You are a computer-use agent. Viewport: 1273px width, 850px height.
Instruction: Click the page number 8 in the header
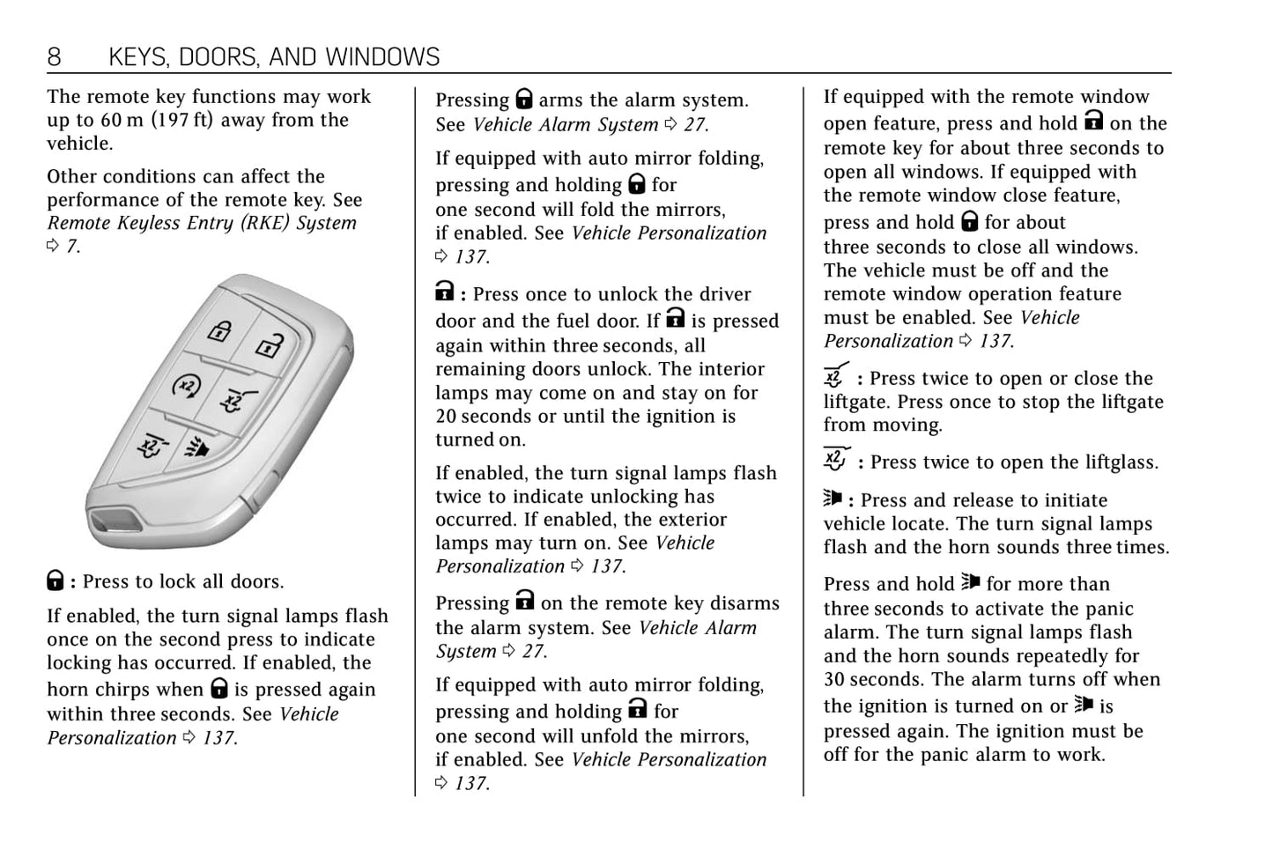pyautogui.click(x=55, y=57)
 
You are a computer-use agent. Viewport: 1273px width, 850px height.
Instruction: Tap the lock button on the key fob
pyautogui.click(x=218, y=331)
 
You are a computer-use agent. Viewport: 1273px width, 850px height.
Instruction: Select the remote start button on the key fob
pyautogui.click(x=187, y=386)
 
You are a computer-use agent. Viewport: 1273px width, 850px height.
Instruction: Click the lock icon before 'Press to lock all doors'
pyautogui.click(x=55, y=580)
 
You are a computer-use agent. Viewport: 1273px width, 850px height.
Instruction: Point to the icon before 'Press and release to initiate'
pyautogui.click(x=833, y=499)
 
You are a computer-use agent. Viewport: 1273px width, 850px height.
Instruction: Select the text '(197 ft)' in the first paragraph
pyautogui.click(x=181, y=120)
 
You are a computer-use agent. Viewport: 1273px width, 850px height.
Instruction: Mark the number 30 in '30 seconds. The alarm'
pyautogui.click(x=834, y=679)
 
